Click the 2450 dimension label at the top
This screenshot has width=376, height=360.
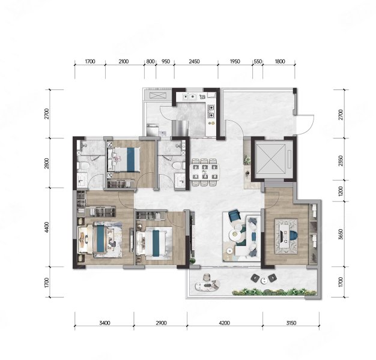(x=194, y=62)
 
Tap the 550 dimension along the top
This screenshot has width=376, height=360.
(x=258, y=62)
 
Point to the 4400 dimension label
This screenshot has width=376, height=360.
(x=47, y=227)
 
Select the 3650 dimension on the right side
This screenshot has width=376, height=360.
(x=341, y=234)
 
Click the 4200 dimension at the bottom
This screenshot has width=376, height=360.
(x=224, y=323)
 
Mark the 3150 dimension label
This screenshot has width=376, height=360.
(x=291, y=323)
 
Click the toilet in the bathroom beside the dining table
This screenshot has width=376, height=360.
(x=178, y=166)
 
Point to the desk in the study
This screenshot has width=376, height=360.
(x=286, y=236)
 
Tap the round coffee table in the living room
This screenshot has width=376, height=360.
(x=235, y=235)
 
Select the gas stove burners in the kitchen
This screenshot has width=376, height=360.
(x=211, y=112)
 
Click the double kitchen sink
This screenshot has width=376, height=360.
(x=189, y=97)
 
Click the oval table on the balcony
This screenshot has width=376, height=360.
(x=208, y=285)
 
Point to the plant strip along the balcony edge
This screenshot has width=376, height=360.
(x=274, y=292)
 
